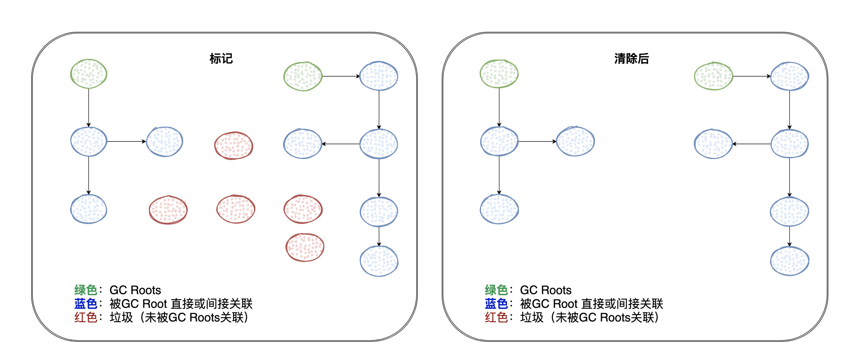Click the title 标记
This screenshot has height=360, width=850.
pos(221,58)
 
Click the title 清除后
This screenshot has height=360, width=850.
pos(631,58)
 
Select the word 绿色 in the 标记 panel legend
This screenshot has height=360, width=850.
pos(85,290)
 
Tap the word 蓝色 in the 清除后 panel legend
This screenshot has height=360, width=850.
pos(496,304)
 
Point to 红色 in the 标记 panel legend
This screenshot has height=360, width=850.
pos(85,317)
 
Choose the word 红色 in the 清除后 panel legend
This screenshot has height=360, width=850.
pos(496,317)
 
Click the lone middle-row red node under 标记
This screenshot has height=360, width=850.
pos(233,145)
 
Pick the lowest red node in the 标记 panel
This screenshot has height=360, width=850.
pos(305,247)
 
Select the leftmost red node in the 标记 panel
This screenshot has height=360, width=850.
pos(168,210)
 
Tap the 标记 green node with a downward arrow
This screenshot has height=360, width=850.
pos(89,74)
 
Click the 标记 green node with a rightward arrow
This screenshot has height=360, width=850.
pos(303,76)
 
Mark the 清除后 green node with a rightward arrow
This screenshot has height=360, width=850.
pos(713,76)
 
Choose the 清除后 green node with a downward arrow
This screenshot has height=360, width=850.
pos(499,74)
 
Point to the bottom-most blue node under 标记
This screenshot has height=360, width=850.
pos(379,261)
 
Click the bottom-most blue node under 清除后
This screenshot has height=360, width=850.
pos(789,261)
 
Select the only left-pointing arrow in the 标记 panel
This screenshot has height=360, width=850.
pos(341,144)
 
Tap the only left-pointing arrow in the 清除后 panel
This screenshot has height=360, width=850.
pos(752,144)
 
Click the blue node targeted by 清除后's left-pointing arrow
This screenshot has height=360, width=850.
pos(713,144)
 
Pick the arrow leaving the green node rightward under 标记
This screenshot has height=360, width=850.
pos(341,76)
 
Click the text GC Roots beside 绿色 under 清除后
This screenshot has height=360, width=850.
pos(546,290)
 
